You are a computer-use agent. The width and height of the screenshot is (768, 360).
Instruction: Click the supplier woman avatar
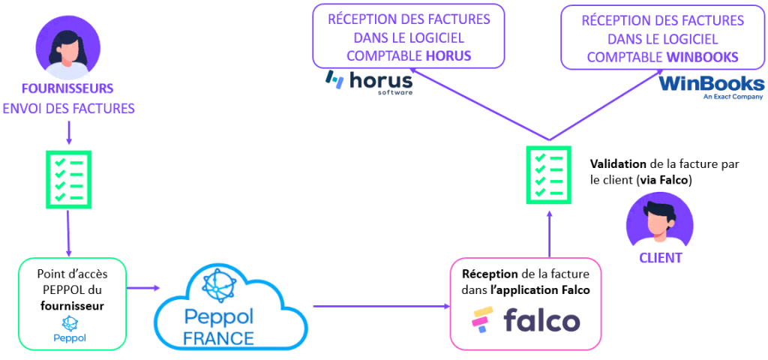(68, 46)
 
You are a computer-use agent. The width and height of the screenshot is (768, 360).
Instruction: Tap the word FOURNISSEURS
(68, 88)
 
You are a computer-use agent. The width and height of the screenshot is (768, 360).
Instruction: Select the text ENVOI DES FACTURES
(68, 109)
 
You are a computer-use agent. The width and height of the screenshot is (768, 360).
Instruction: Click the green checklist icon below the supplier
(68, 178)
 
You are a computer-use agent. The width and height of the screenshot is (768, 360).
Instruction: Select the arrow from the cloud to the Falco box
(381, 307)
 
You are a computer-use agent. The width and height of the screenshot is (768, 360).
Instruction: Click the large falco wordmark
(541, 321)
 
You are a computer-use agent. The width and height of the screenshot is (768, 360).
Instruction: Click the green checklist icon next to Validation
(548, 174)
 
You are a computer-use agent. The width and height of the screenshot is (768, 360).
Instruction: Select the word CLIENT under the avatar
(660, 258)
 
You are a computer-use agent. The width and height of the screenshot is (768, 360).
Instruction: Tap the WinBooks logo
(711, 86)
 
